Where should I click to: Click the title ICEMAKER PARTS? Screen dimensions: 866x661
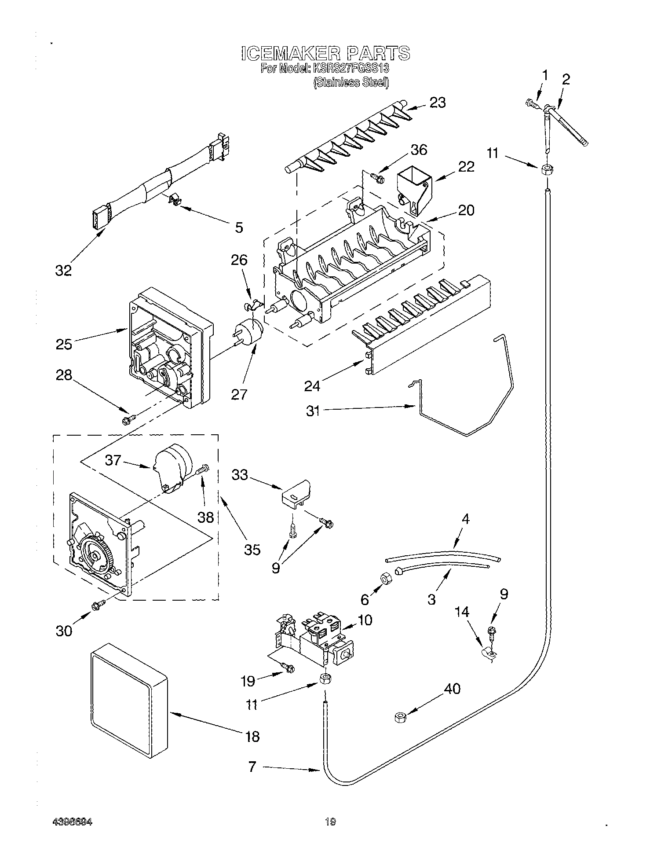click(x=325, y=53)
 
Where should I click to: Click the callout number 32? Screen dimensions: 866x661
click(x=63, y=270)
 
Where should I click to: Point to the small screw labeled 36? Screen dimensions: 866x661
click(x=377, y=177)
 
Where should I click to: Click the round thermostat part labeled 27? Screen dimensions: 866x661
click(x=248, y=331)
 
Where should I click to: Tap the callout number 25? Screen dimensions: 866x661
click(x=64, y=344)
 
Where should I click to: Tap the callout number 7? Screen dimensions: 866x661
click(x=252, y=767)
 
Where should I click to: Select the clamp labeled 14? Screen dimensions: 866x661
click(x=489, y=654)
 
